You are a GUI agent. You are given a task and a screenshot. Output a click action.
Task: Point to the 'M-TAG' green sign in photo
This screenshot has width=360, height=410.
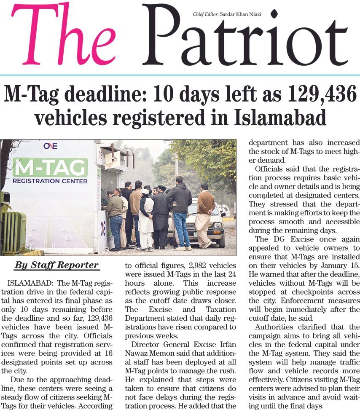50,167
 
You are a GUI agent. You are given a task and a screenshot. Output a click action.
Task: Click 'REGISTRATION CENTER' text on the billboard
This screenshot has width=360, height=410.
50,181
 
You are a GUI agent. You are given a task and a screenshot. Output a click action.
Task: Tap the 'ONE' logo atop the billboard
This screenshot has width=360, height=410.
50,146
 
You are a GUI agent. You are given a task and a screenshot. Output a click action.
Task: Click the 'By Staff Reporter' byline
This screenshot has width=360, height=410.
56,265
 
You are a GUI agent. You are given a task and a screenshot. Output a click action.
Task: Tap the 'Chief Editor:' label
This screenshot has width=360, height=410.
205,14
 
